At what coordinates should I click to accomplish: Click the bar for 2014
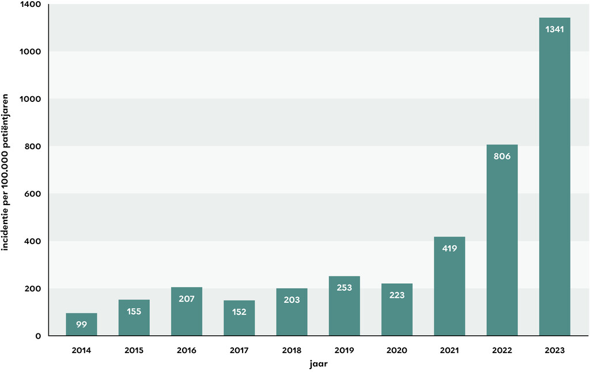coord(81,324)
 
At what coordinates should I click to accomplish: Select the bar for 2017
coord(239,318)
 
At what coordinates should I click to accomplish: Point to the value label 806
coord(502,155)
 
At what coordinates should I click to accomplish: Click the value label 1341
coord(554,29)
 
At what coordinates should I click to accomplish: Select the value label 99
coord(81,324)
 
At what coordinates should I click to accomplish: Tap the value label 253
coord(344,287)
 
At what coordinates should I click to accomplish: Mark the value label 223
coord(396,295)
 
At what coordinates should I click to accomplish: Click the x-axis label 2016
coord(186,350)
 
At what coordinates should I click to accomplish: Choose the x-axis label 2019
coord(344,350)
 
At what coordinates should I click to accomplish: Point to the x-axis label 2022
coord(502,350)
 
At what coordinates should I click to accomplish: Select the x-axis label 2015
coord(134,350)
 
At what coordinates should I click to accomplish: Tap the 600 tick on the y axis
coord(32,194)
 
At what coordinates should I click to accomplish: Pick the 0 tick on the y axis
coord(39,336)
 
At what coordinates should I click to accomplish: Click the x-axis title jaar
coord(318,364)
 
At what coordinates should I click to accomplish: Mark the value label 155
coord(134,311)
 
